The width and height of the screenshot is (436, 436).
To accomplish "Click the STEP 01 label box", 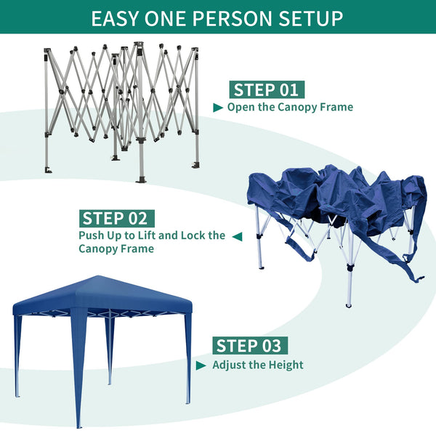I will [267, 90].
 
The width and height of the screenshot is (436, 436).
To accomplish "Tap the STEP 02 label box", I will [116, 218].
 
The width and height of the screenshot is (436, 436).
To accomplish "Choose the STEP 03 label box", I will [247, 345].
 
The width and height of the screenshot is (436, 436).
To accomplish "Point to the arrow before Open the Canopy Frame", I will [218, 108].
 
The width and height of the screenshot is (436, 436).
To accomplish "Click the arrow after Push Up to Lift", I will [235, 236].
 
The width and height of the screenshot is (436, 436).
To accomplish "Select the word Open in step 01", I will [241, 108].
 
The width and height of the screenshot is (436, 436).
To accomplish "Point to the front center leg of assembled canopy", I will [78, 371].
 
